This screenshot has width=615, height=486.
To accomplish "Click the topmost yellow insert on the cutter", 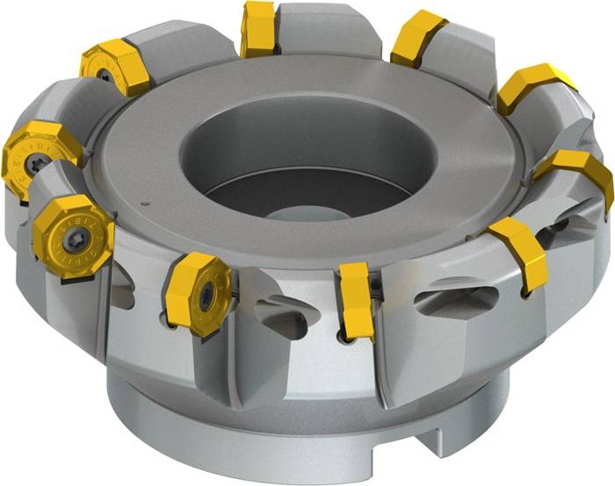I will [x=258, y=28].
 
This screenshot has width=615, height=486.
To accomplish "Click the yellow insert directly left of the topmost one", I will [x=116, y=67].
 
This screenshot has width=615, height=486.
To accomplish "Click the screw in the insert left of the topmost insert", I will [x=105, y=75].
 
